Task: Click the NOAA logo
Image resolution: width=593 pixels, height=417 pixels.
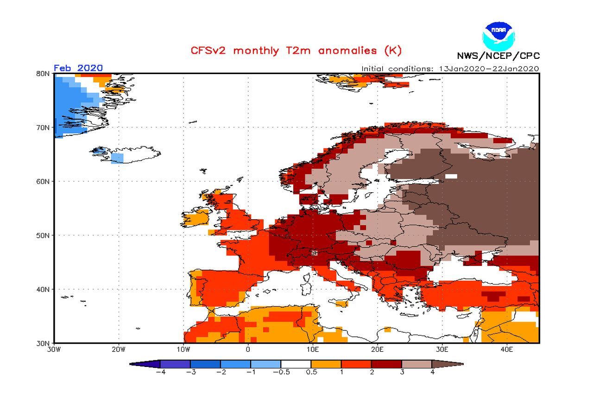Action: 498,35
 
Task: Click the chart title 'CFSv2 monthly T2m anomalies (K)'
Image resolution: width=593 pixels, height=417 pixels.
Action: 296,51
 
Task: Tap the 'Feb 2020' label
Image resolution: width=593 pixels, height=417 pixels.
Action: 78,68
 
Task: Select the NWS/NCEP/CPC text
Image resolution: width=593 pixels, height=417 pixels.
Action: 498,56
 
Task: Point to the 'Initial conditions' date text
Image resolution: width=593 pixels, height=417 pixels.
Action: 450,69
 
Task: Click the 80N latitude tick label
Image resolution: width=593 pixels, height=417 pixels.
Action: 44,73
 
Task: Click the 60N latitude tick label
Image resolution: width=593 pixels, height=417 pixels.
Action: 44,181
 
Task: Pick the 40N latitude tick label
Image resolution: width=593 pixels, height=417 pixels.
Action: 44,289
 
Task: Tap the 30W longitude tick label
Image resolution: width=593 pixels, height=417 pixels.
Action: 54,349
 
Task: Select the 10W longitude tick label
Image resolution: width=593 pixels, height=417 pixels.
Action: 183,349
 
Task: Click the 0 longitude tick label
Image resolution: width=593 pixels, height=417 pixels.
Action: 248,349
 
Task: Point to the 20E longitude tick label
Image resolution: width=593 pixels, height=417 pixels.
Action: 377,349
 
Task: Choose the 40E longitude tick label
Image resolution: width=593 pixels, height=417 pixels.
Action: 506,349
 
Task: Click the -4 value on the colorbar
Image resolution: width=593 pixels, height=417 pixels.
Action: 160,372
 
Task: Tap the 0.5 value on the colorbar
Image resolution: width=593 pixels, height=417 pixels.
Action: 311,372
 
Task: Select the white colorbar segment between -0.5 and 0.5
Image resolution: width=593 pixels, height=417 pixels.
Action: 296,364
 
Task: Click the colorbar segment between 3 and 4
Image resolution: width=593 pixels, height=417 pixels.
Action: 416,364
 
